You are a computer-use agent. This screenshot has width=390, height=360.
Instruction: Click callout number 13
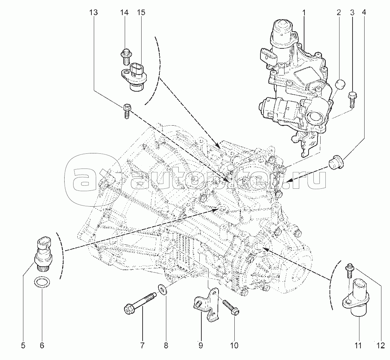click(x=93, y=13)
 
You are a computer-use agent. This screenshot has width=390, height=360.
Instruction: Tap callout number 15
click(x=141, y=13)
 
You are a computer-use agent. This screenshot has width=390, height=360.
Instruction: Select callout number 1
click(x=304, y=13)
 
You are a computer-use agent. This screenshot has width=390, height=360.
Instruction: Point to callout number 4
click(x=364, y=13)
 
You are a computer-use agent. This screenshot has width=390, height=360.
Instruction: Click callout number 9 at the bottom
click(x=201, y=345)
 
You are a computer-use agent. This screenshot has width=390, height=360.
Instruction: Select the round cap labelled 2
click(x=341, y=84)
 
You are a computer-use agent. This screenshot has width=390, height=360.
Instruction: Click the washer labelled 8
click(x=162, y=289)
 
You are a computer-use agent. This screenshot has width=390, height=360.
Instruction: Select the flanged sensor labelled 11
click(x=357, y=297)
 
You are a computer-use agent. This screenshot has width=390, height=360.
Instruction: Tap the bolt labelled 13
click(x=126, y=111)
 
